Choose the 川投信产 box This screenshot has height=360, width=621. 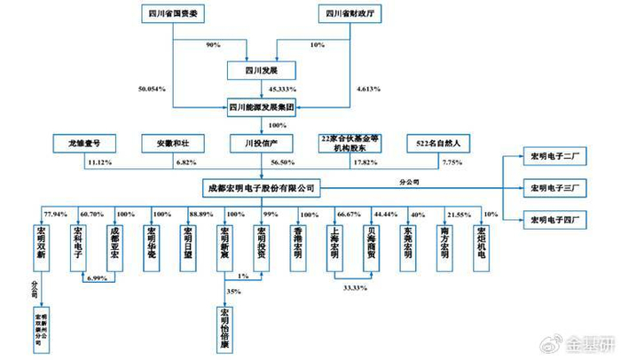[261, 141]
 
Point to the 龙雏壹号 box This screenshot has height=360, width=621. [83, 141]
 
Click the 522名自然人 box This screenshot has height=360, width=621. [437, 141]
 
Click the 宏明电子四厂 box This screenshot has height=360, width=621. [555, 218]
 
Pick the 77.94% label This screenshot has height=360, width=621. [55, 214]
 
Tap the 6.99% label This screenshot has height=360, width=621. [98, 278]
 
